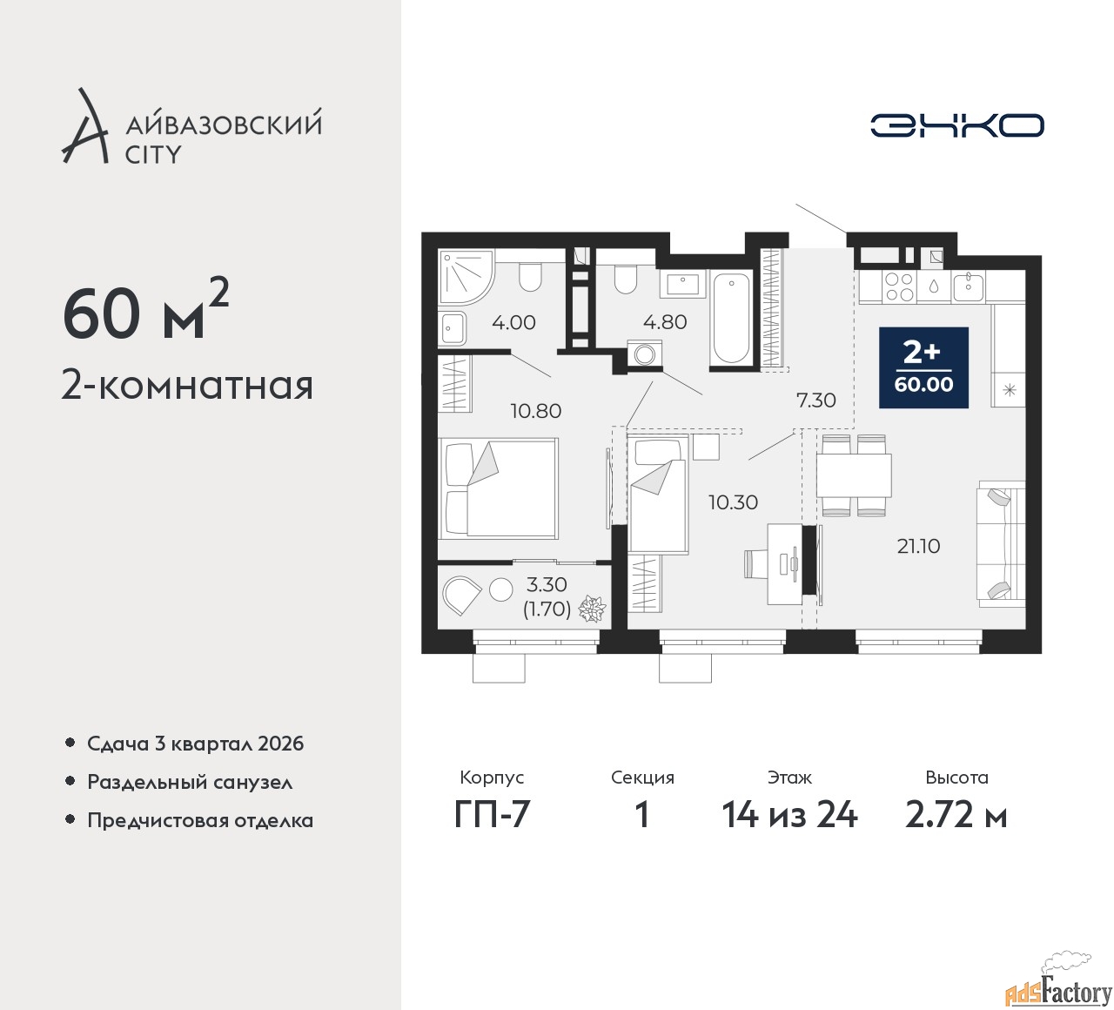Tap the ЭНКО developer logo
point(957,125)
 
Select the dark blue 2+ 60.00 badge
point(923,367)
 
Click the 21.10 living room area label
point(918,547)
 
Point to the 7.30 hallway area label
point(815,400)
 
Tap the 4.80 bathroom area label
point(665,321)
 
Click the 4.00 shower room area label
point(513,322)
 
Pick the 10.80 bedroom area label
point(536,411)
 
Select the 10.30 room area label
point(733,502)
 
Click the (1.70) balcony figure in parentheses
point(547,609)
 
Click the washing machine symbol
point(644,353)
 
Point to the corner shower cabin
point(466,277)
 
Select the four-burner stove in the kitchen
point(898,286)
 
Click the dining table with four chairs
point(854,475)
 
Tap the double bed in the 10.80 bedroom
point(498,488)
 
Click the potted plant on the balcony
point(592,609)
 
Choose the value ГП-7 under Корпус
point(492,815)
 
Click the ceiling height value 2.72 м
point(956,815)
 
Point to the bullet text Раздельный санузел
point(190,783)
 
